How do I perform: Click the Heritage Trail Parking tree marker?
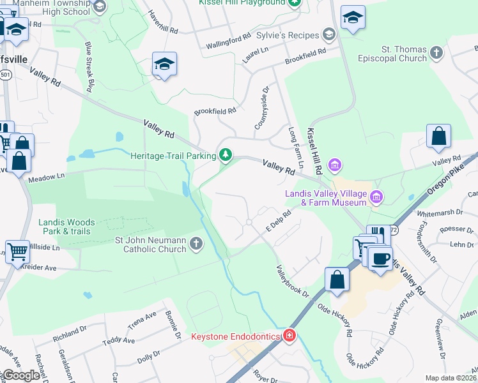[226, 155]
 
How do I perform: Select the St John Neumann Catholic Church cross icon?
[196, 244]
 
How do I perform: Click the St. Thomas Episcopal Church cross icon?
[436, 52]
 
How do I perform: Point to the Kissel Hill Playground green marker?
[294, 3]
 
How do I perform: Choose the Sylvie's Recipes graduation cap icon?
[328, 34]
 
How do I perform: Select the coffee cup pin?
[380, 259]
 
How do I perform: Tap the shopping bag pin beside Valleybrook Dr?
[337, 280]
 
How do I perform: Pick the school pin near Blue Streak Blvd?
[164, 64]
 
